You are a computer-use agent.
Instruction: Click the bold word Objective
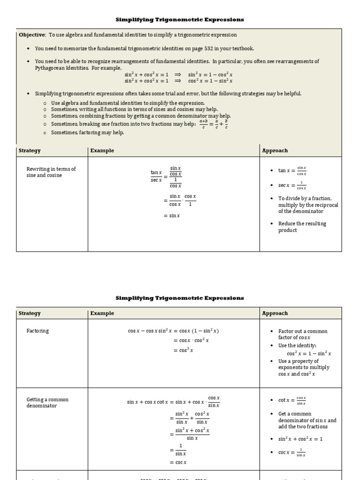(31, 35)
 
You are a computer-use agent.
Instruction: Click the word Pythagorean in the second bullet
(50, 68)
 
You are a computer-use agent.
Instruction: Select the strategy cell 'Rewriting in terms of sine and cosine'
(51, 172)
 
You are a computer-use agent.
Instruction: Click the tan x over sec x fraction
(156, 176)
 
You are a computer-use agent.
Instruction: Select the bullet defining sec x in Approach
(292, 186)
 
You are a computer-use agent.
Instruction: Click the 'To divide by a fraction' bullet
(307, 205)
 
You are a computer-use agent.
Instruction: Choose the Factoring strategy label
(37, 331)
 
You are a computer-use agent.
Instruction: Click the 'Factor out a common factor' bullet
(302, 334)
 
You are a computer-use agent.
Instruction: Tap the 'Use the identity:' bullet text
(297, 345)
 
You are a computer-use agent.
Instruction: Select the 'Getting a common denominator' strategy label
(47, 403)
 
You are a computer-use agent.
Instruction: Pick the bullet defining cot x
(292, 400)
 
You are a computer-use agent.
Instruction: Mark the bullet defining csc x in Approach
(292, 453)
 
